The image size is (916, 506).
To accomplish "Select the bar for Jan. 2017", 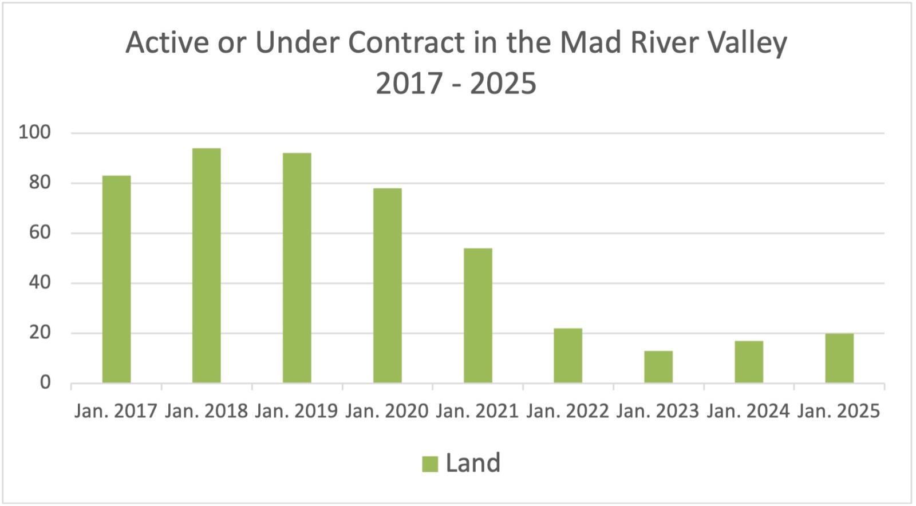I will point(116,279).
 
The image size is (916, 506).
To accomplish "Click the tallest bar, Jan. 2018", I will point(207,265).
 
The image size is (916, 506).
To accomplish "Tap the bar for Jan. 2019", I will point(297,267).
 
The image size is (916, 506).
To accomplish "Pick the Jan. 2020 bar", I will point(388,285).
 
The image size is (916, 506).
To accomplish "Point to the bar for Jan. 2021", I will point(478,315).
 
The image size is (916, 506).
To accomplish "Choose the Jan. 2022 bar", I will point(568,355).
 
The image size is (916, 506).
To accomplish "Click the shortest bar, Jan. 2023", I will point(658,366).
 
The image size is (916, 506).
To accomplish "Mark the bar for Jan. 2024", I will point(749,361).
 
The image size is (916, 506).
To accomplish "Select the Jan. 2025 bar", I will point(839,358).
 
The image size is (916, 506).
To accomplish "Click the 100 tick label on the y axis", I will point(34,133).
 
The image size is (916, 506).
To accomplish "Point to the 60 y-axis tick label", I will point(40,233).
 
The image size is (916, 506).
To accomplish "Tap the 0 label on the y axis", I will point(45,382).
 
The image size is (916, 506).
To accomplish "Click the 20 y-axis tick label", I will point(40,333).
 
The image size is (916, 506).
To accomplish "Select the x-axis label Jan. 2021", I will point(477,411).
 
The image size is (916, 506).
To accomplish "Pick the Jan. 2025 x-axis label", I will point(839,411).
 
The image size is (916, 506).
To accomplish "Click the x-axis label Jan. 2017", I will point(116,411).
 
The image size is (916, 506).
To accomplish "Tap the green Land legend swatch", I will point(430,464).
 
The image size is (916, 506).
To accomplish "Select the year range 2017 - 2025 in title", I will point(456,84).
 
